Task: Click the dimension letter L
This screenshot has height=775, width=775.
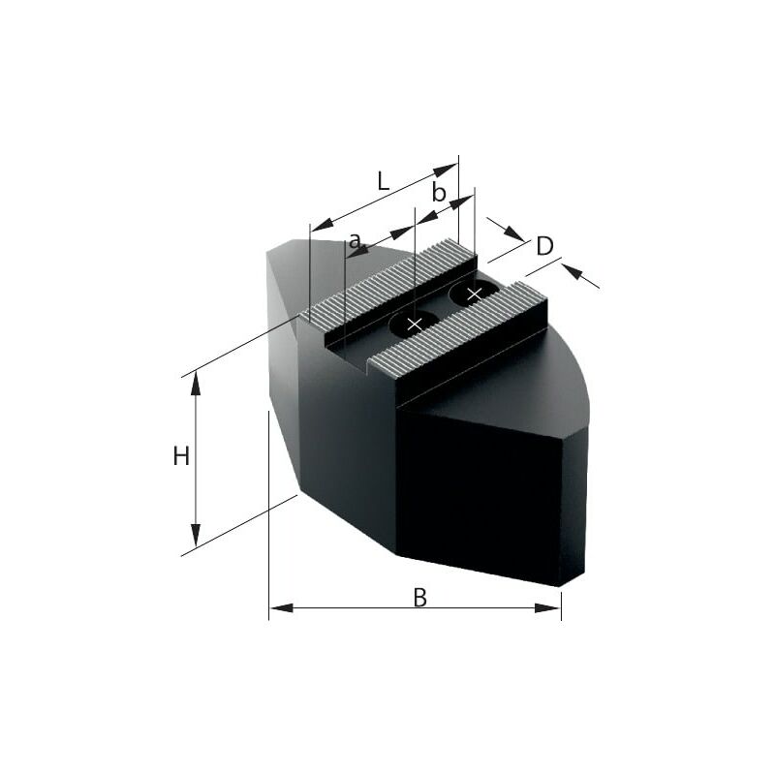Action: [x=383, y=181]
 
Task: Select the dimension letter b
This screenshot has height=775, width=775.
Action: [x=439, y=192]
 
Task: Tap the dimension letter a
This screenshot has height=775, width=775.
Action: [x=355, y=241]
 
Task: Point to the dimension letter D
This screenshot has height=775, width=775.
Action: [x=544, y=246]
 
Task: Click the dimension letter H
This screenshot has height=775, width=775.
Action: [x=181, y=455]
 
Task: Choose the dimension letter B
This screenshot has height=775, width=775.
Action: [x=419, y=597]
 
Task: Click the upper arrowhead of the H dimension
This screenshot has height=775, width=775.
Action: [x=196, y=383]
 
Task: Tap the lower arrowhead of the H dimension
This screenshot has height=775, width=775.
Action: [x=196, y=536]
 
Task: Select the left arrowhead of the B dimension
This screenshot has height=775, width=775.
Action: [x=281, y=607]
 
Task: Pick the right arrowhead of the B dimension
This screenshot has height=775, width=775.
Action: [x=548, y=607]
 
